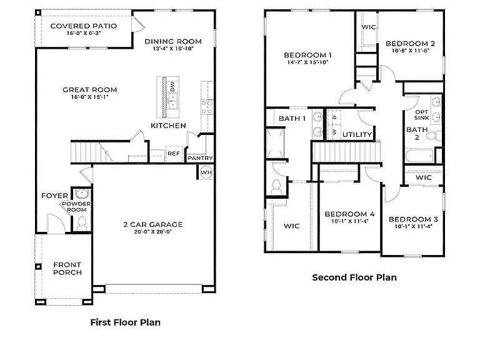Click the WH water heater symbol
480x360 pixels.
coord(206,172)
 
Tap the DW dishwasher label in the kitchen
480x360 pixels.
coord(172,86)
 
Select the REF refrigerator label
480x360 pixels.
coord(174,153)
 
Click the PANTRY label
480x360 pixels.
coord(200,158)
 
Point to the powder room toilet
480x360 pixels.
coord(82,223)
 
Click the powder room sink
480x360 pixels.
coord(82,194)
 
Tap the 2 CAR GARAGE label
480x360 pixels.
coord(152,224)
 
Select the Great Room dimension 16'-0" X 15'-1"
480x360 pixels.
coord(90,97)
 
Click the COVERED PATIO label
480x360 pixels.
coord(84,26)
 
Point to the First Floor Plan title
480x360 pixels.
coord(126,322)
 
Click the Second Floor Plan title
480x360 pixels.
coord(354,277)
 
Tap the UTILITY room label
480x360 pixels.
coord(357,134)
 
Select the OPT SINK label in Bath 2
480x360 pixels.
coord(421,115)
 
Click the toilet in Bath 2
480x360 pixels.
coord(434,136)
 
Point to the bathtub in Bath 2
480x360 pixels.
coord(420,156)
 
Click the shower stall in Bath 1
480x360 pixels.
coord(276,143)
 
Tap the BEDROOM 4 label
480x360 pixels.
coord(349,214)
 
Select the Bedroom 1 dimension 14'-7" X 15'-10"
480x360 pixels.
coord(307,62)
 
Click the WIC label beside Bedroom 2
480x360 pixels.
coord(369,27)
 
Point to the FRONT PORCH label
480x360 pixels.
coord(67,269)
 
